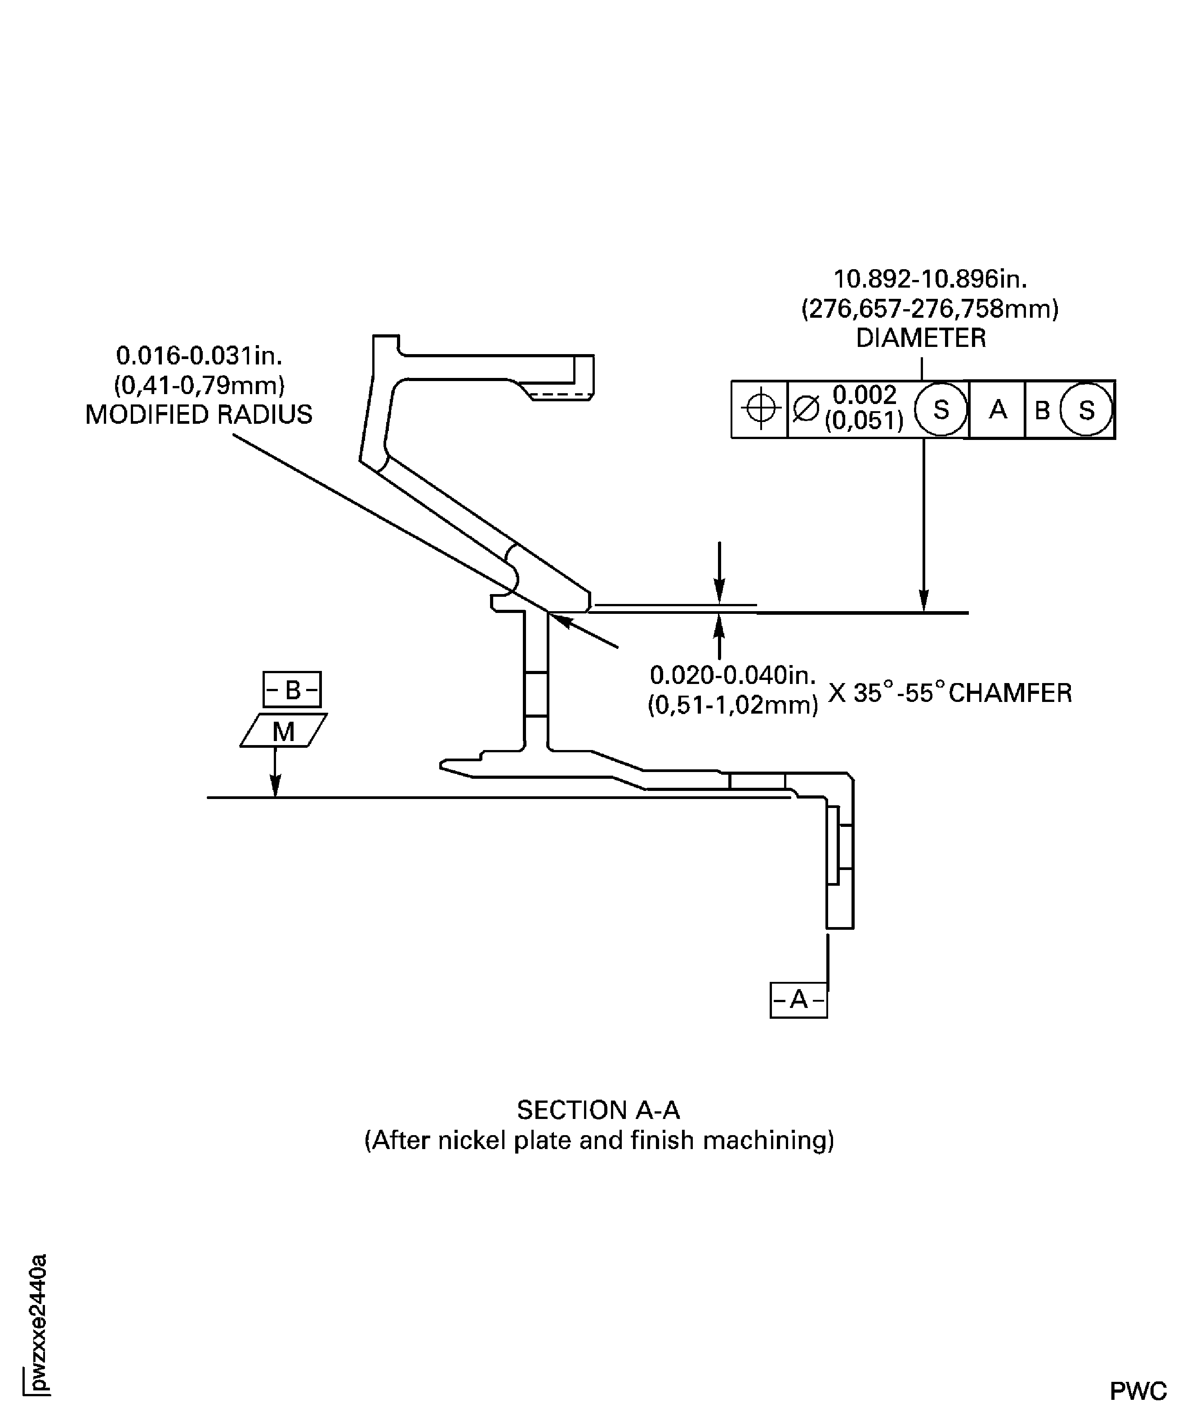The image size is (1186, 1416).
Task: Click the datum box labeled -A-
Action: pos(798,999)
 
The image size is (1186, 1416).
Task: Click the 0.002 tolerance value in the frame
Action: pos(864,395)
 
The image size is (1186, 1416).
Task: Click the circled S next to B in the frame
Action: pos(1085,410)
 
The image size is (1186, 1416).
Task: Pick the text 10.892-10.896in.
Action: pos(930,279)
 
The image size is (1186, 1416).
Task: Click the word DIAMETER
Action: pos(921,338)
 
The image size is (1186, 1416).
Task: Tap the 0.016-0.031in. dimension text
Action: pos(199,355)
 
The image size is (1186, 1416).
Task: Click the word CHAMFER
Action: pos(1010,693)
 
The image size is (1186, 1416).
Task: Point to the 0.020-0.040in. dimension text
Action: pos(733,675)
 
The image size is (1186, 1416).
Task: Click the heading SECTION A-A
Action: pos(598,1110)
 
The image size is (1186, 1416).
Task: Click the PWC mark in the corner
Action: pos(1138,1390)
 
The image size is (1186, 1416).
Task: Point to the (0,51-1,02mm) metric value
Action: pos(733,705)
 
